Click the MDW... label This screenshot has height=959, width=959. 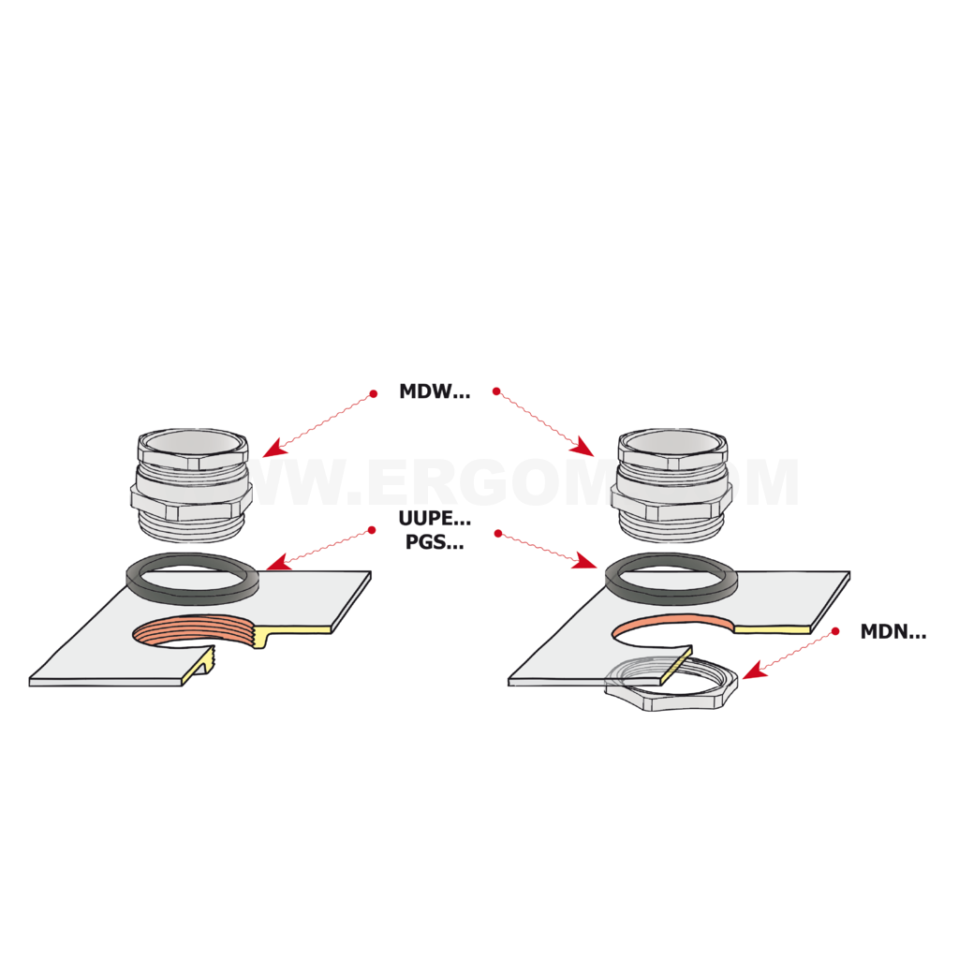pyautogui.click(x=435, y=391)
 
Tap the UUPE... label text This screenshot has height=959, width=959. pyautogui.click(x=435, y=519)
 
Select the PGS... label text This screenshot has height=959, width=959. pyautogui.click(x=435, y=542)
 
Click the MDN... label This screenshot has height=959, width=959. pyautogui.click(x=893, y=632)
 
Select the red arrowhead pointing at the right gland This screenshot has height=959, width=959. pyautogui.click(x=583, y=449)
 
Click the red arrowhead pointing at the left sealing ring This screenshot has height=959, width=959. pyautogui.click(x=278, y=562)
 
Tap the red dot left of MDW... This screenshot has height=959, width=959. pyautogui.click(x=373, y=394)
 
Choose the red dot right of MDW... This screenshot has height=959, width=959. pyautogui.click(x=496, y=391)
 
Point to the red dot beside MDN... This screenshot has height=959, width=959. pyautogui.click(x=835, y=630)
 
